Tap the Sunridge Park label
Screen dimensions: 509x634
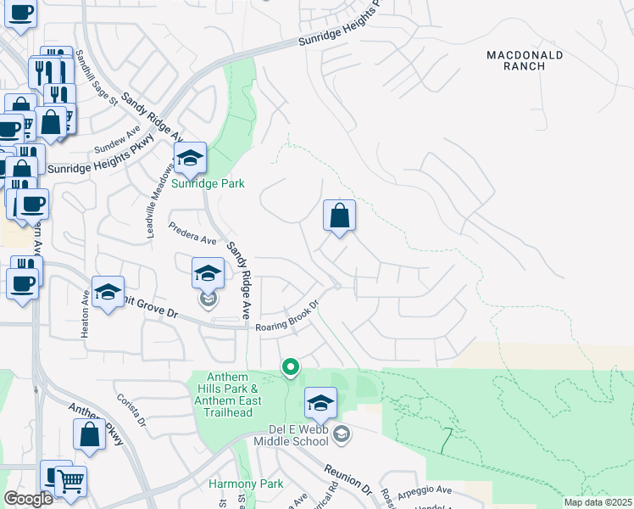coord(208,183)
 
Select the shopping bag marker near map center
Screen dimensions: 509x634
coord(339,216)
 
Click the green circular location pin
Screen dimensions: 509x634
coord(290,366)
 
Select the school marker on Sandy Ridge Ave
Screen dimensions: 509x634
coord(208,273)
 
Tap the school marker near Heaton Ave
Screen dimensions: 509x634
coord(108,293)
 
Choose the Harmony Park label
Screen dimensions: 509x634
coord(233,484)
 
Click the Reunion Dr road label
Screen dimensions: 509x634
coord(348,478)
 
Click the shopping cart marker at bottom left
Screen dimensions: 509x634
coord(71,482)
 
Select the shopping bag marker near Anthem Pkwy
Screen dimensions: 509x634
coord(90,435)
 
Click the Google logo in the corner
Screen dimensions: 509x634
coord(28,499)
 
